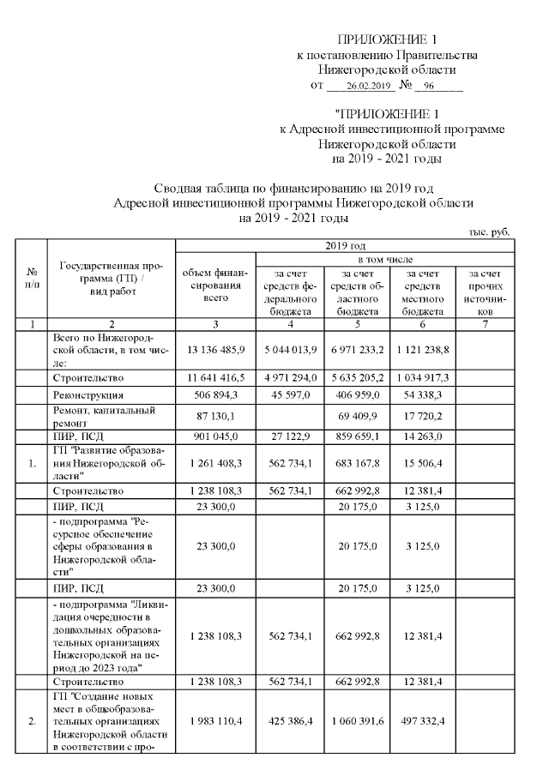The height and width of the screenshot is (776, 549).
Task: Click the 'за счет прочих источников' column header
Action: click(x=486, y=292)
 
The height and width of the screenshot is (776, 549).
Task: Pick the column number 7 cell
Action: click(x=486, y=325)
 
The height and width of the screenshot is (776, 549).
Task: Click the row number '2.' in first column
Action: click(x=32, y=721)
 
